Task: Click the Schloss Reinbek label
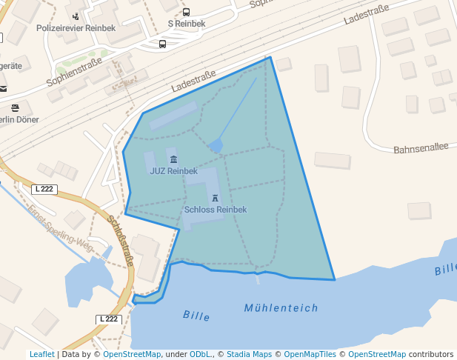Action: [215, 210]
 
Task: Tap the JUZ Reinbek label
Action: [173, 171]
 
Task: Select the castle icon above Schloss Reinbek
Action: [215, 199]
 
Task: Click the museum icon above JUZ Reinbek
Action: [173, 160]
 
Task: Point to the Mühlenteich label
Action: [281, 308]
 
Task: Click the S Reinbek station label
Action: [187, 24]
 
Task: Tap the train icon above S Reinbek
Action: [186, 13]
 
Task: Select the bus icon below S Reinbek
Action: [163, 44]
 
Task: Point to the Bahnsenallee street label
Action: [421, 148]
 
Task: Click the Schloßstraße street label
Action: [121, 240]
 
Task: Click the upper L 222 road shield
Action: [44, 189]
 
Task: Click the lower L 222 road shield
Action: [108, 319]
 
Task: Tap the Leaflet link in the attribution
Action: [41, 354]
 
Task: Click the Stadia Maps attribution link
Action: [249, 354]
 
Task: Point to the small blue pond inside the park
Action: [216, 147]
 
